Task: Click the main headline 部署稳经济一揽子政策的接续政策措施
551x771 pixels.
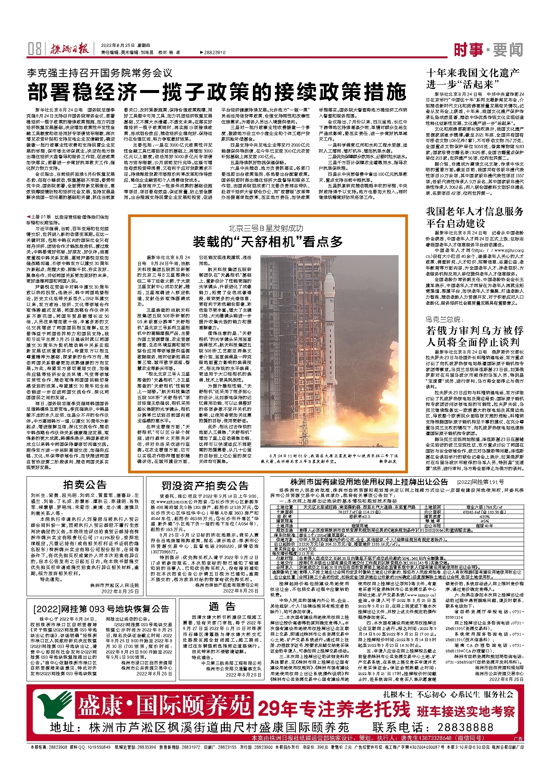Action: click(217, 92)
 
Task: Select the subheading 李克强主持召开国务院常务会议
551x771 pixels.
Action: click(99, 72)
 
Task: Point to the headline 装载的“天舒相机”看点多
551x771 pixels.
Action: click(267, 242)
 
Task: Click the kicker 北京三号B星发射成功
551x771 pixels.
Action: click(266, 228)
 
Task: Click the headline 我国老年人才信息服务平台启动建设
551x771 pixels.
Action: click(475, 217)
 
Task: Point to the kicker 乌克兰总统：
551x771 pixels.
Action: click(445, 319)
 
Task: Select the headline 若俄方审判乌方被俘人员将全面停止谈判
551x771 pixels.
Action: click(475, 336)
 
